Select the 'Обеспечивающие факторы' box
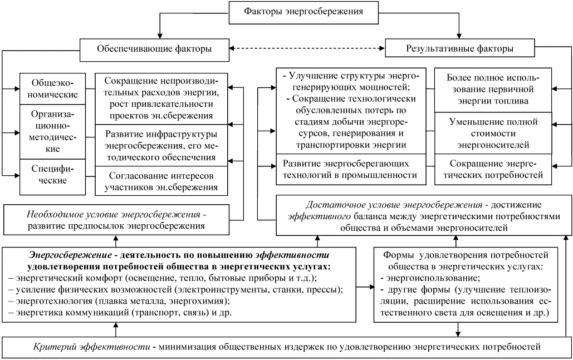pos(154,49)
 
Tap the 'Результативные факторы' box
pos(458,49)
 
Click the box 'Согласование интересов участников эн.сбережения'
pos(161,181)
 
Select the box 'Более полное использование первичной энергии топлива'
pos(488,88)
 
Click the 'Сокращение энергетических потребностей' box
pos(488,169)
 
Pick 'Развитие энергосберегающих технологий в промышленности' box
pos(350,169)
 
